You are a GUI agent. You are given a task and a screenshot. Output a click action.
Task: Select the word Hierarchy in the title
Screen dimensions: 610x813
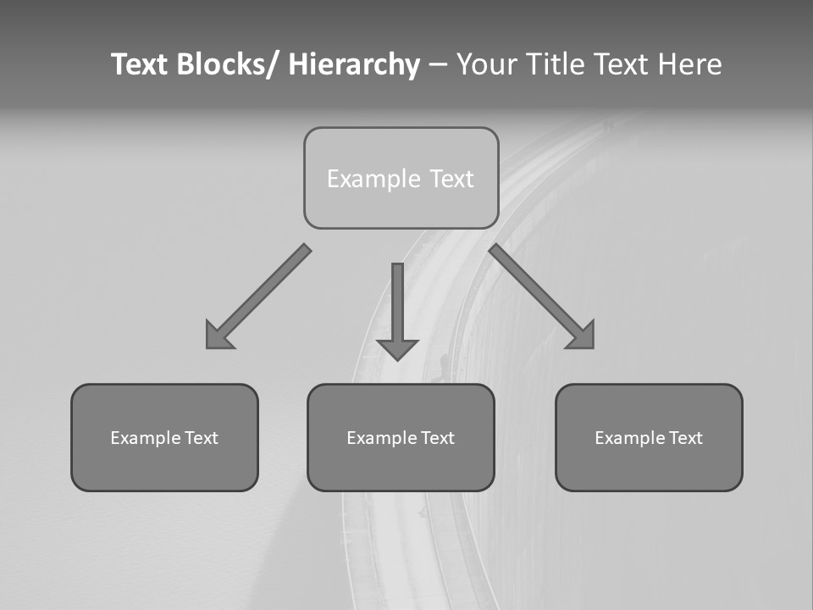pyautogui.click(x=354, y=64)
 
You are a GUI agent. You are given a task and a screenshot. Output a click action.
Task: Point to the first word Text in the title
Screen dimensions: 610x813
pyautogui.click(x=140, y=64)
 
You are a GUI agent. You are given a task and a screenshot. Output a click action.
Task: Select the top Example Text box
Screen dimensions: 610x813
pyautogui.click(x=401, y=178)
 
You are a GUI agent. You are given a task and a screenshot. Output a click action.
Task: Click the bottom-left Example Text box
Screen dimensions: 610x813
pyautogui.click(x=164, y=437)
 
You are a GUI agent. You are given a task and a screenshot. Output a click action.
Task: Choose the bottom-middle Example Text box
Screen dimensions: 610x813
pyautogui.click(x=401, y=437)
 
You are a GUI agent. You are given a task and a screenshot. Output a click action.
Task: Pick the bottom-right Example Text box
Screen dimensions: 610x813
pyautogui.click(x=649, y=437)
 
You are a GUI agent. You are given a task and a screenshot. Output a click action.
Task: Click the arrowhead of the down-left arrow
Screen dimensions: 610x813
pyautogui.click(x=217, y=337)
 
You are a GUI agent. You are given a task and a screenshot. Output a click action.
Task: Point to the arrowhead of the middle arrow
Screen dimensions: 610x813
pyautogui.click(x=397, y=348)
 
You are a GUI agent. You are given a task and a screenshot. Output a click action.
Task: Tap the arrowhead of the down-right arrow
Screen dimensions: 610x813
pyautogui.click(x=583, y=337)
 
